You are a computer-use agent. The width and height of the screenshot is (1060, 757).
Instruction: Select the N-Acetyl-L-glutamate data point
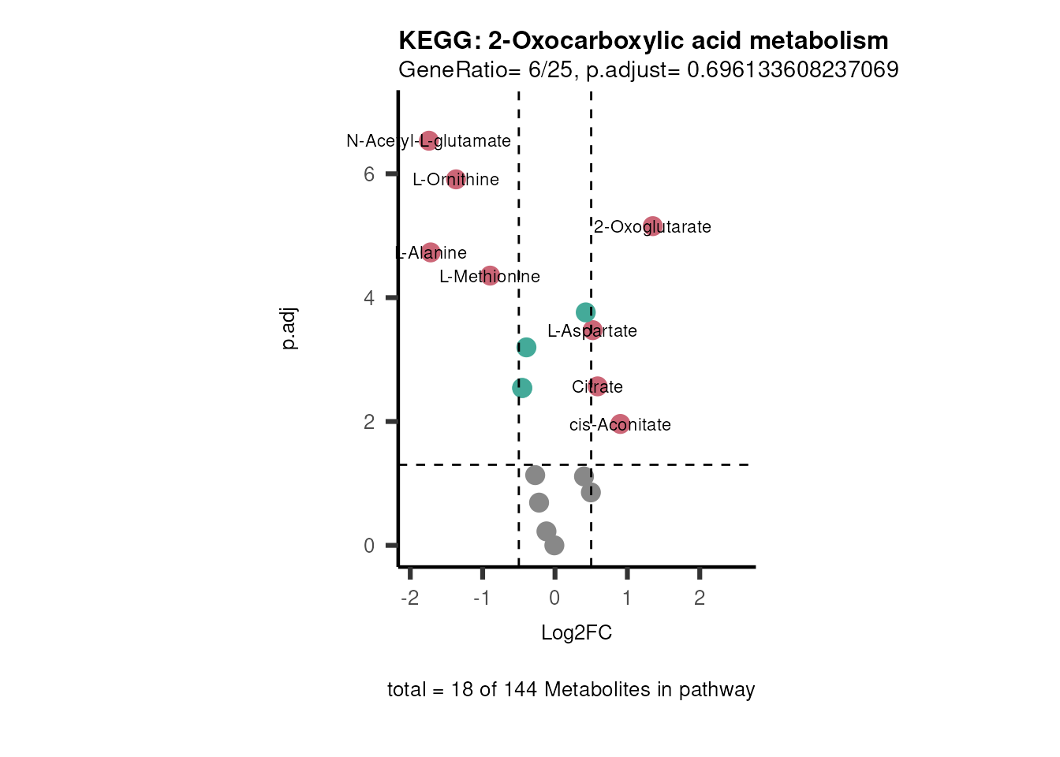click(x=428, y=141)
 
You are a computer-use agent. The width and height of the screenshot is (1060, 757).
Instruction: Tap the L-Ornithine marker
click(x=456, y=179)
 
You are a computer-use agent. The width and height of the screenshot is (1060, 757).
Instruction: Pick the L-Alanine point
click(x=431, y=252)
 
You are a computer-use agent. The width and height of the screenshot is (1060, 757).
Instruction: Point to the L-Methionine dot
click(x=490, y=276)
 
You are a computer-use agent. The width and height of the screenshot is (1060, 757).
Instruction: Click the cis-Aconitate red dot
click(x=621, y=424)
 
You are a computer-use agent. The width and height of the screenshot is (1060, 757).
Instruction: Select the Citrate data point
click(x=598, y=386)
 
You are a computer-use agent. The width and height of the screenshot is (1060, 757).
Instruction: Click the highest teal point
click(x=585, y=312)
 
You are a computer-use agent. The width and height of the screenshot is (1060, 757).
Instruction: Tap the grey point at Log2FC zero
click(x=554, y=545)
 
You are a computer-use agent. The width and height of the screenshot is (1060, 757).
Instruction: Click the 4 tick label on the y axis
click(x=369, y=298)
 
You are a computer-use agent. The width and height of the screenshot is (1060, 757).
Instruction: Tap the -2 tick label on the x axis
click(x=409, y=598)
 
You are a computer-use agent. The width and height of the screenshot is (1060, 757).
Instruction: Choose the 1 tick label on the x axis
click(x=627, y=598)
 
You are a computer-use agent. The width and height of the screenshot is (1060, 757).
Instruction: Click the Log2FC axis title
click(x=577, y=632)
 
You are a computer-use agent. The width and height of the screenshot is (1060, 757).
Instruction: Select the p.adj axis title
click(x=289, y=329)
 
